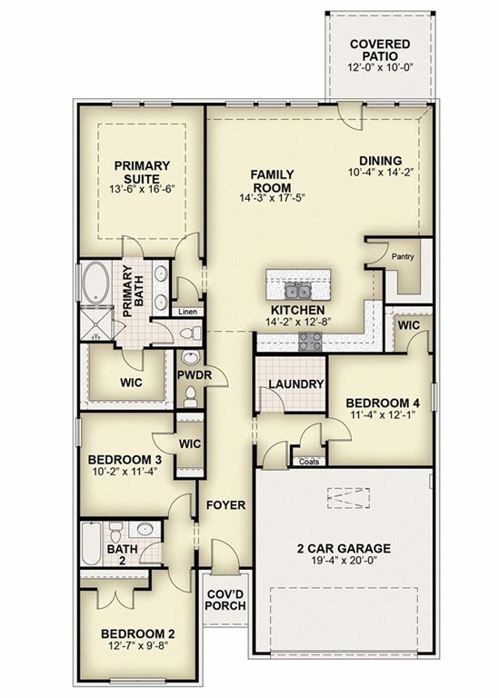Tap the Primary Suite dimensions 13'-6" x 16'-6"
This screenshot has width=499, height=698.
pyautogui.click(x=142, y=188)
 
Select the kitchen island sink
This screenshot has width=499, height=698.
pyautogui.click(x=297, y=291)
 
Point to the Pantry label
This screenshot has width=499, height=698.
pyautogui.click(x=403, y=256)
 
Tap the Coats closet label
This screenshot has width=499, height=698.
pyautogui.click(x=309, y=461)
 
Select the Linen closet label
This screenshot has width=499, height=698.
pyautogui.click(x=187, y=312)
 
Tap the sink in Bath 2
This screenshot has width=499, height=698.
pyautogui.click(x=143, y=529)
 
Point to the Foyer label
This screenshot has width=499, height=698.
pyautogui.click(x=225, y=504)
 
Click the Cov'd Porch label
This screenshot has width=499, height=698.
pyautogui.click(x=225, y=601)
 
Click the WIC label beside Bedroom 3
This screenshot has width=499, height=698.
pyautogui.click(x=190, y=444)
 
